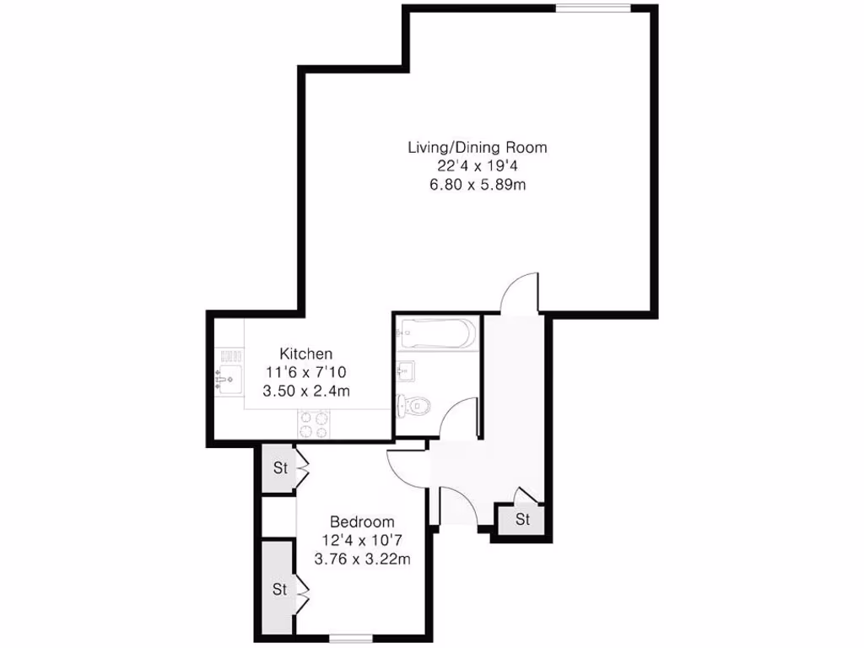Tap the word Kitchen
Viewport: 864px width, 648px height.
click(x=305, y=354)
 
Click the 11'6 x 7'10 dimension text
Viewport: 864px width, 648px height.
click(x=305, y=372)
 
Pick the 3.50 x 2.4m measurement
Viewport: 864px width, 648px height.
click(x=305, y=391)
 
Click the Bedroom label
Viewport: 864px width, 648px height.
click(x=362, y=521)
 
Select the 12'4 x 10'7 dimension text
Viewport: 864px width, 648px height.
click(x=362, y=540)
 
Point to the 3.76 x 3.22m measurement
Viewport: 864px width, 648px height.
click(x=362, y=559)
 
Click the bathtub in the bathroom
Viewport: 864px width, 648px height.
click(x=436, y=334)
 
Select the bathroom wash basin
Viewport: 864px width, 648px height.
click(x=404, y=370)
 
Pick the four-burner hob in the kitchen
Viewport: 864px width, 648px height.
click(x=315, y=424)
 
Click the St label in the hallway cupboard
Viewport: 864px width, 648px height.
click(x=522, y=520)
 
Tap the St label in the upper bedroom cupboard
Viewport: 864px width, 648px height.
click(x=279, y=467)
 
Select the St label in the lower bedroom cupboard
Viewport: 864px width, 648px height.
click(x=279, y=590)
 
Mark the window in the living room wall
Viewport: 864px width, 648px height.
click(x=592, y=8)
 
